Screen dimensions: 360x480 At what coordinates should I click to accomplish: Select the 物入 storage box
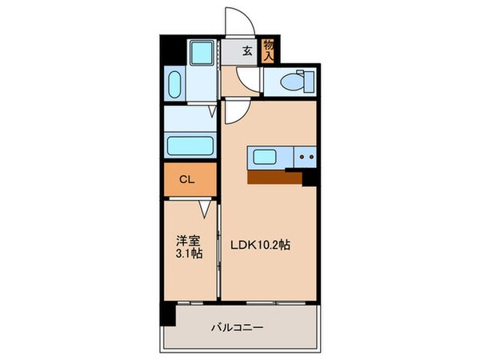pos(269,53)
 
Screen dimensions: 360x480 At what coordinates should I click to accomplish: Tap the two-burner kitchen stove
pos(305,157)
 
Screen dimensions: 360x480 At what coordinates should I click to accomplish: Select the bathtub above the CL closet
pos(190,146)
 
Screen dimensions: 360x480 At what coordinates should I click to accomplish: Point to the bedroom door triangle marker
pos(206,209)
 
